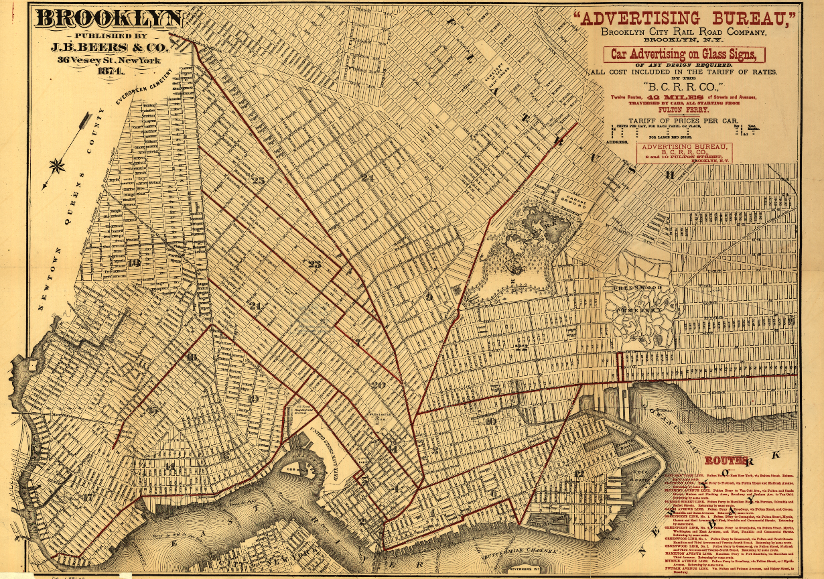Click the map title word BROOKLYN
110,18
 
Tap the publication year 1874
110,71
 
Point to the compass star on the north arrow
58,164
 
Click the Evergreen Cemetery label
141,87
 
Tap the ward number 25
258,180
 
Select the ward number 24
367,178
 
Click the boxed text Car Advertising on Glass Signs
683,54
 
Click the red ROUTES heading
726,461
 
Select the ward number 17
88,497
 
